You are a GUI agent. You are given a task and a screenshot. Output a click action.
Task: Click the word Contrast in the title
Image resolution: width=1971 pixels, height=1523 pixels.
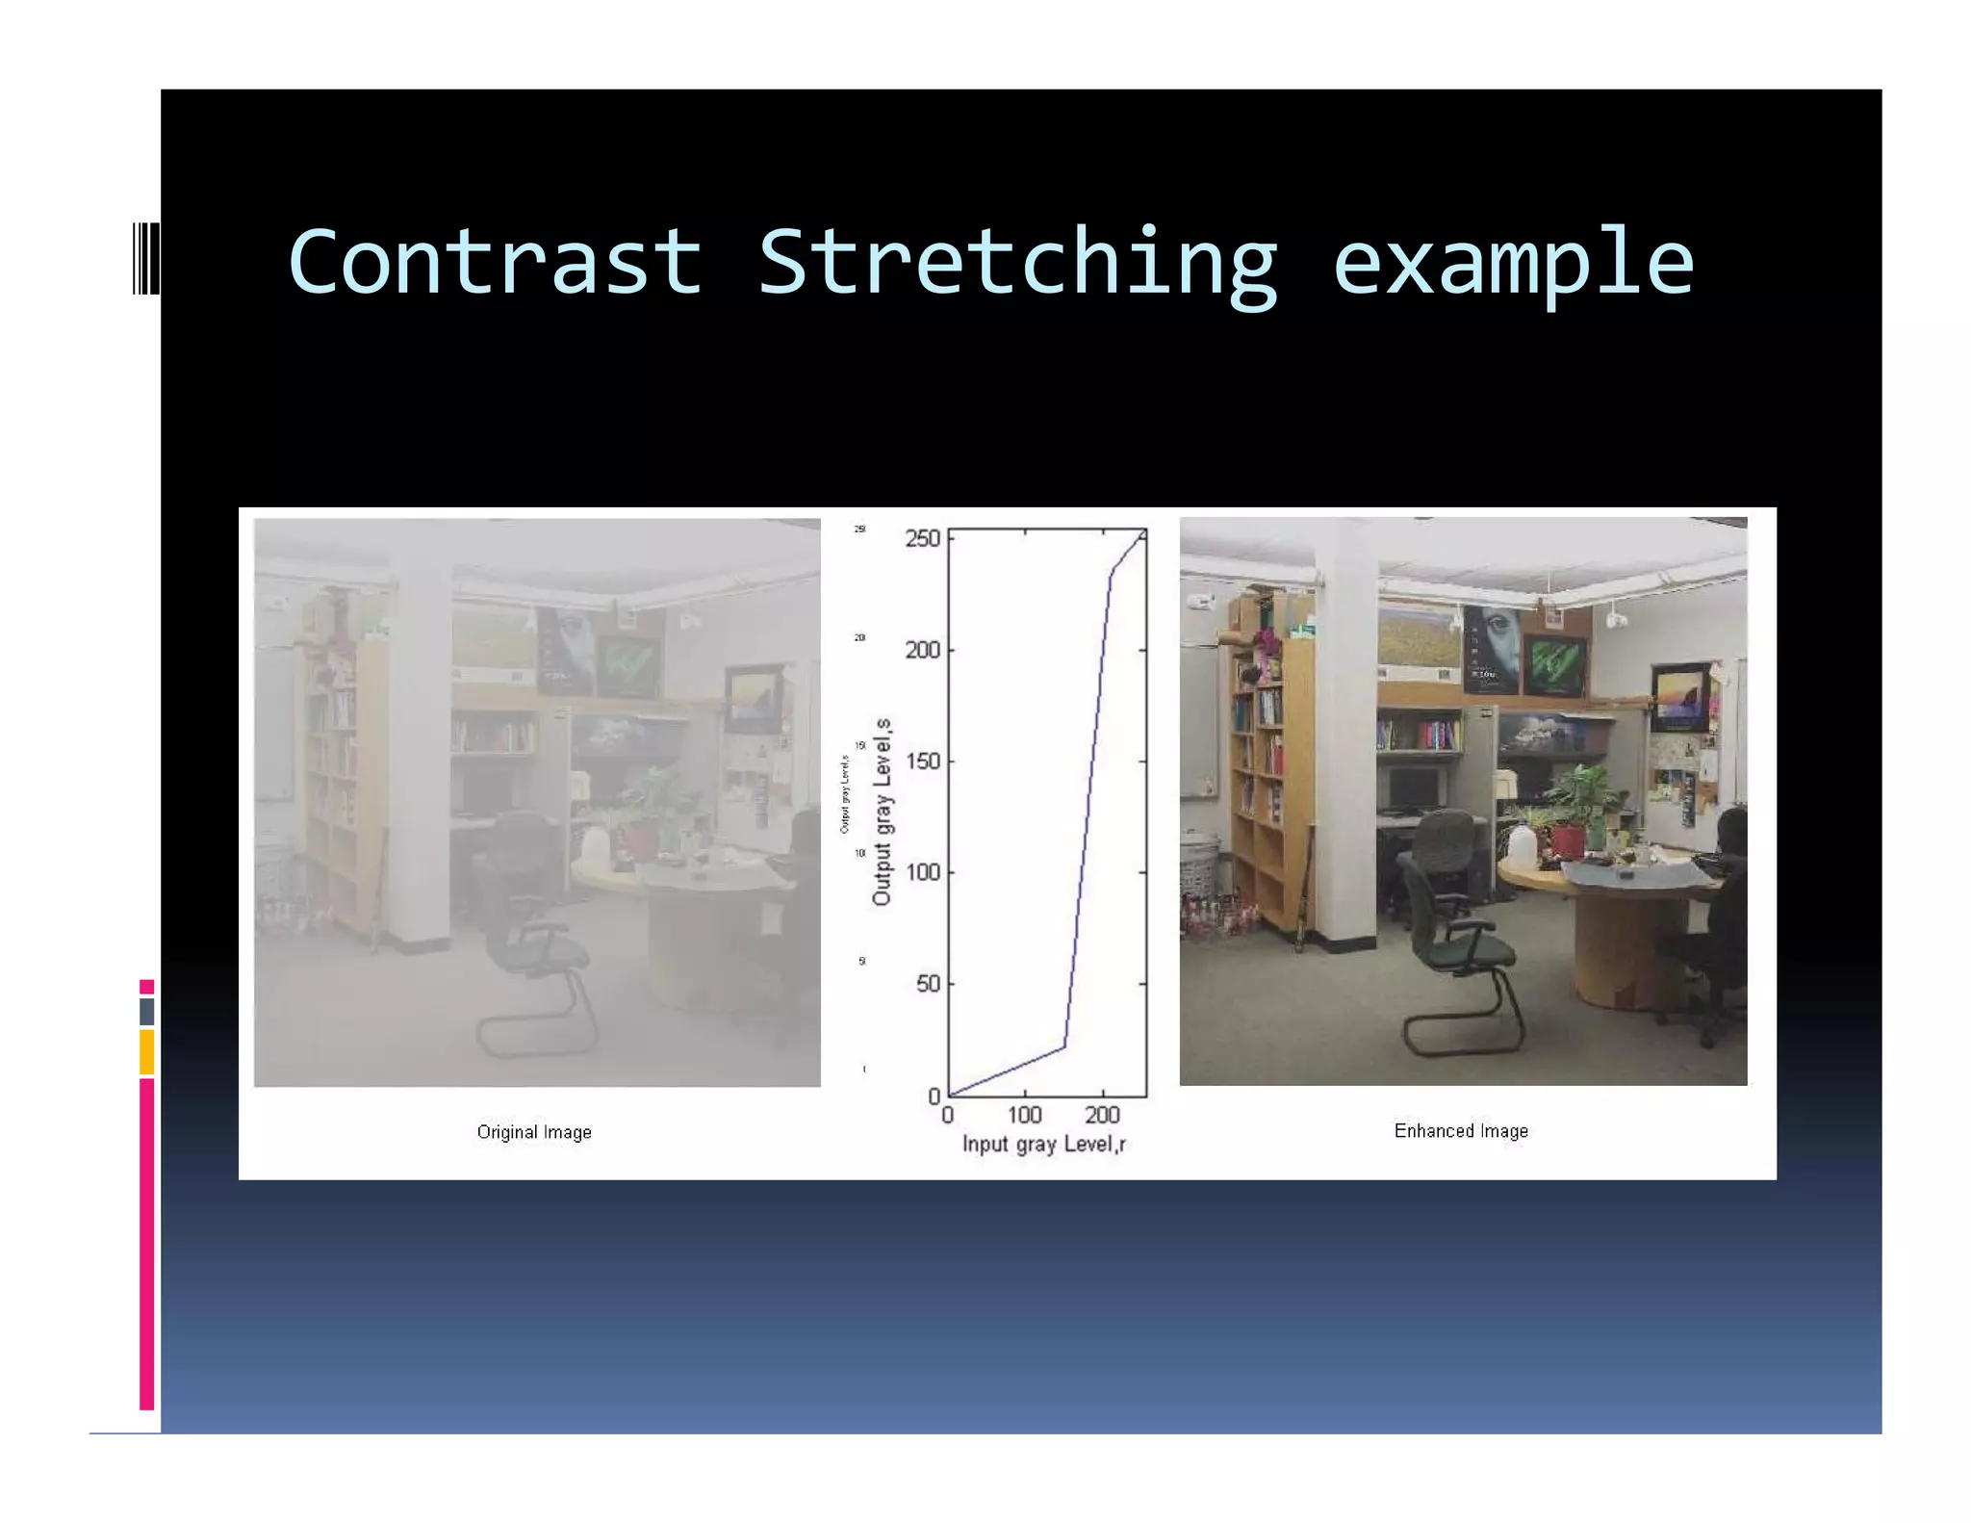point(495,262)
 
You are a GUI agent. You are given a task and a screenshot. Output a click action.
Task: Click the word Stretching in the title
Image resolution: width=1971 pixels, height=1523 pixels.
point(1017,264)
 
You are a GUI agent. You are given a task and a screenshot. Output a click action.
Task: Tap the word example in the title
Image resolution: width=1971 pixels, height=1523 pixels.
point(1513,264)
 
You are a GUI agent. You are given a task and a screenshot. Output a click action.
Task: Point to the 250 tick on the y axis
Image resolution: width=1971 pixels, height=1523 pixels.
point(922,538)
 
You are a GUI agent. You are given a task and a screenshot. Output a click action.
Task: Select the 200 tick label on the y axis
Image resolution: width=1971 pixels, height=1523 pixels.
point(922,650)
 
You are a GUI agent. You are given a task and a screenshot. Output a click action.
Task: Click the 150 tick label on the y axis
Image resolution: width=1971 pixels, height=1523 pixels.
point(922,761)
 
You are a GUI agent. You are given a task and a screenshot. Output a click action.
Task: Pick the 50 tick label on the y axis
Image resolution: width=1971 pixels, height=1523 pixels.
point(928,984)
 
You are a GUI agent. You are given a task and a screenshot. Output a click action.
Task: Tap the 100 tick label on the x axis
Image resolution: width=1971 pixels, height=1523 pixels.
point(1024,1115)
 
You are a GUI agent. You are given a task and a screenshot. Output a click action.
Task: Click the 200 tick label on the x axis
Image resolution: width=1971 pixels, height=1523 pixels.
point(1102,1115)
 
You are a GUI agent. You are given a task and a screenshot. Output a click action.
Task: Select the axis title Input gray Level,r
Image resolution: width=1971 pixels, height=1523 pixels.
point(1044,1144)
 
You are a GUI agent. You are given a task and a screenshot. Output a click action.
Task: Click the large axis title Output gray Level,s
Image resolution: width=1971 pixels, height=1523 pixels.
point(882,812)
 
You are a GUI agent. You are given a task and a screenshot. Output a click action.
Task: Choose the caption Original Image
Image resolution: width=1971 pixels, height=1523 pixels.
point(534,1132)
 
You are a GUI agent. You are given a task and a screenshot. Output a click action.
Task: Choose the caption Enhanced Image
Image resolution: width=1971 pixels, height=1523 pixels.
point(1461,1131)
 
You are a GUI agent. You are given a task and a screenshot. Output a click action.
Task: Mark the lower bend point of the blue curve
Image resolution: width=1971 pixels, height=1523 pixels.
point(1064,1046)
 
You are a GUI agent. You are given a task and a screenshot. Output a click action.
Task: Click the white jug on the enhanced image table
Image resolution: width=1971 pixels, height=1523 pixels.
point(1522,845)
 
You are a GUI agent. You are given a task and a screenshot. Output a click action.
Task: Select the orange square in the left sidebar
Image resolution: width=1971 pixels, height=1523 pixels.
point(146,1051)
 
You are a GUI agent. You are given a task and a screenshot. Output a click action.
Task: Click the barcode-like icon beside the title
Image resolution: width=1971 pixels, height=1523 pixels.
point(145,257)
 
